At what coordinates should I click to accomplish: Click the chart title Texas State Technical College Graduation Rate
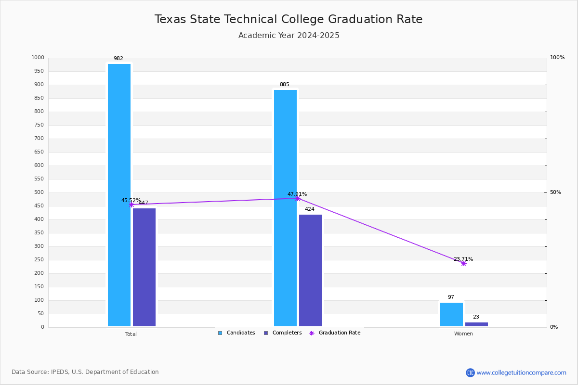coord(289,19)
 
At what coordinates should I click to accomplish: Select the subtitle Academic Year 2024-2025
coord(289,36)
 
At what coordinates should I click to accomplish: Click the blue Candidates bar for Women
coord(451,314)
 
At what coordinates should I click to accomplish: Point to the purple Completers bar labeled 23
coord(476,324)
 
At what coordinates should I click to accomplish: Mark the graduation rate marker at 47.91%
coord(298,198)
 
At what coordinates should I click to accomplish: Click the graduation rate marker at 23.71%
coord(464,263)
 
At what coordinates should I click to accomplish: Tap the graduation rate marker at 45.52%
coord(131,205)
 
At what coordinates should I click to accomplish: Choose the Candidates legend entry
coord(236,333)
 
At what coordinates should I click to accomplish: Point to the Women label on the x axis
coord(463,334)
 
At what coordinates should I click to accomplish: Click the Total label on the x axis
coord(131,334)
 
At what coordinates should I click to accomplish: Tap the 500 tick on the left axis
coord(39,192)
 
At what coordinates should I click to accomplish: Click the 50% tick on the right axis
coord(555,192)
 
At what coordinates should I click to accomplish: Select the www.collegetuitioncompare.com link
coord(521,372)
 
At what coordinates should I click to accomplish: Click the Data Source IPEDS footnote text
coord(85,372)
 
